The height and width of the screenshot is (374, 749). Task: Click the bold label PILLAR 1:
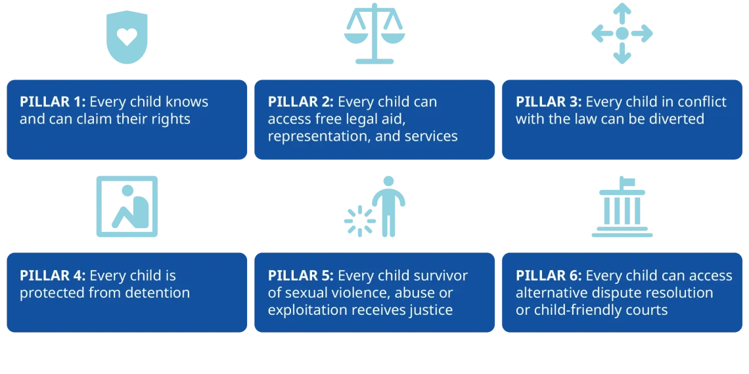pos(53,103)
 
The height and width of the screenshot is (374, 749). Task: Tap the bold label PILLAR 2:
pos(301,103)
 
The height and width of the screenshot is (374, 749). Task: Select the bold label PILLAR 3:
pos(549,103)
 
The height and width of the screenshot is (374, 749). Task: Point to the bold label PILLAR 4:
pos(53,275)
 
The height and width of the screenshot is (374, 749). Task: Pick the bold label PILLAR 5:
pos(301,275)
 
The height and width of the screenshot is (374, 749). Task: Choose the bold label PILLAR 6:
pos(549,275)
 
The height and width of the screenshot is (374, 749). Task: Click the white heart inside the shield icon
pos(127,36)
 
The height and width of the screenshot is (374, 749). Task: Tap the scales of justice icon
pos(374,34)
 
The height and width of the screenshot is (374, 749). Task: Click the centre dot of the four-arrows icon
pos(622,34)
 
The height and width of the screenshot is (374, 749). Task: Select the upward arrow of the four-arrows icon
pos(622,13)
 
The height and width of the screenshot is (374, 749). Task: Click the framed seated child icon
pos(127,206)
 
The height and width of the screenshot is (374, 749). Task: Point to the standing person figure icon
pos(388,206)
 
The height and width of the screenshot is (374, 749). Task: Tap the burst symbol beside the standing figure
pos(359,221)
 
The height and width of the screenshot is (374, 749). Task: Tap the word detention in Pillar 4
pos(158,292)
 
